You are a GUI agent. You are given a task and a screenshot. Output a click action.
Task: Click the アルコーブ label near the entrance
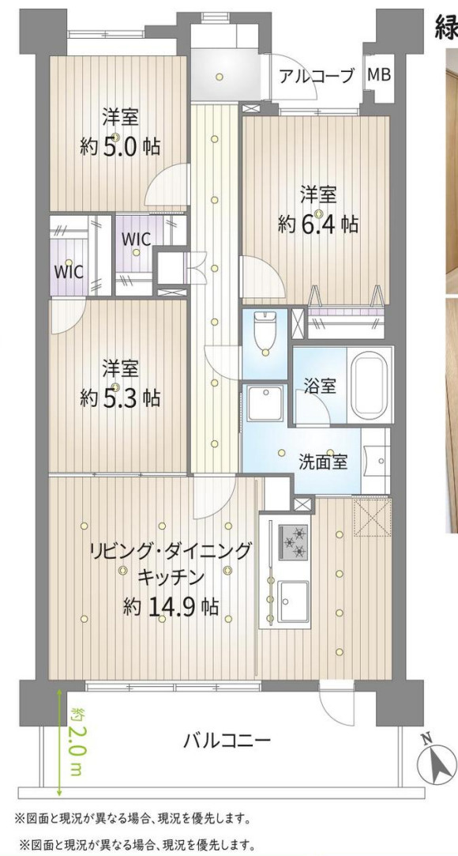pyautogui.click(x=316, y=76)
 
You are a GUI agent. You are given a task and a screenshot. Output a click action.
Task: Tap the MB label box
pyautogui.click(x=379, y=75)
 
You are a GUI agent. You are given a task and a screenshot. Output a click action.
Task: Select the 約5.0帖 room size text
pyautogui.click(x=120, y=146)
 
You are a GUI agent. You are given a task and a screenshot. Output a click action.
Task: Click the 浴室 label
pyautogui.click(x=321, y=387)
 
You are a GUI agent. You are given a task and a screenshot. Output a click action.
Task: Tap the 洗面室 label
pyautogui.click(x=322, y=461)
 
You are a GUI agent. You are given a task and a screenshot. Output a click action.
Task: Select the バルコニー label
pyautogui.click(x=227, y=741)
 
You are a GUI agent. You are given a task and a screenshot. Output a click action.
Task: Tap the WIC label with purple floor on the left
pyautogui.click(x=68, y=270)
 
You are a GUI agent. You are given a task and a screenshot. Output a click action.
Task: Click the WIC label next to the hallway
pyautogui.click(x=136, y=237)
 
